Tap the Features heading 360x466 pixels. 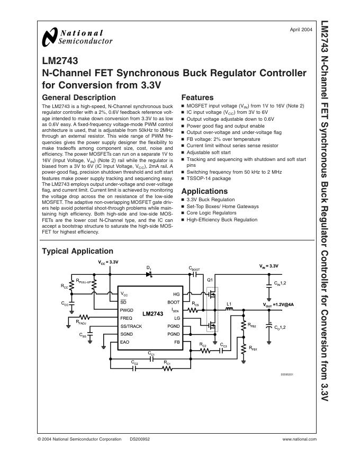pyautogui.click(x=197, y=97)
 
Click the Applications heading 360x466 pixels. pyautogui.click(x=204, y=191)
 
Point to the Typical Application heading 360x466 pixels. pyautogui.click(x=77, y=251)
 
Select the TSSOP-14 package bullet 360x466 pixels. pyautogui.click(x=209, y=178)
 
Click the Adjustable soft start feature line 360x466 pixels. pyautogui.click(x=211, y=152)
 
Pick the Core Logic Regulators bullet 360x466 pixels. pyautogui.click(x=211, y=212)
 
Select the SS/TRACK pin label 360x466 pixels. pyautogui.click(x=131, y=326)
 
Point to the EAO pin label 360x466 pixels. pyautogui.click(x=125, y=343)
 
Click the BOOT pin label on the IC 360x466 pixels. pyautogui.click(x=174, y=302)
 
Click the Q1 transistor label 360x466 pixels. pyautogui.click(x=210, y=280)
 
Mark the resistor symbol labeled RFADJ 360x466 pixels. pyautogui.click(x=84, y=318)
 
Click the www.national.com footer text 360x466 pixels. pyautogui.click(x=299, y=439)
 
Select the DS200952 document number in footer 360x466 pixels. pyautogui.click(x=140, y=439)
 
